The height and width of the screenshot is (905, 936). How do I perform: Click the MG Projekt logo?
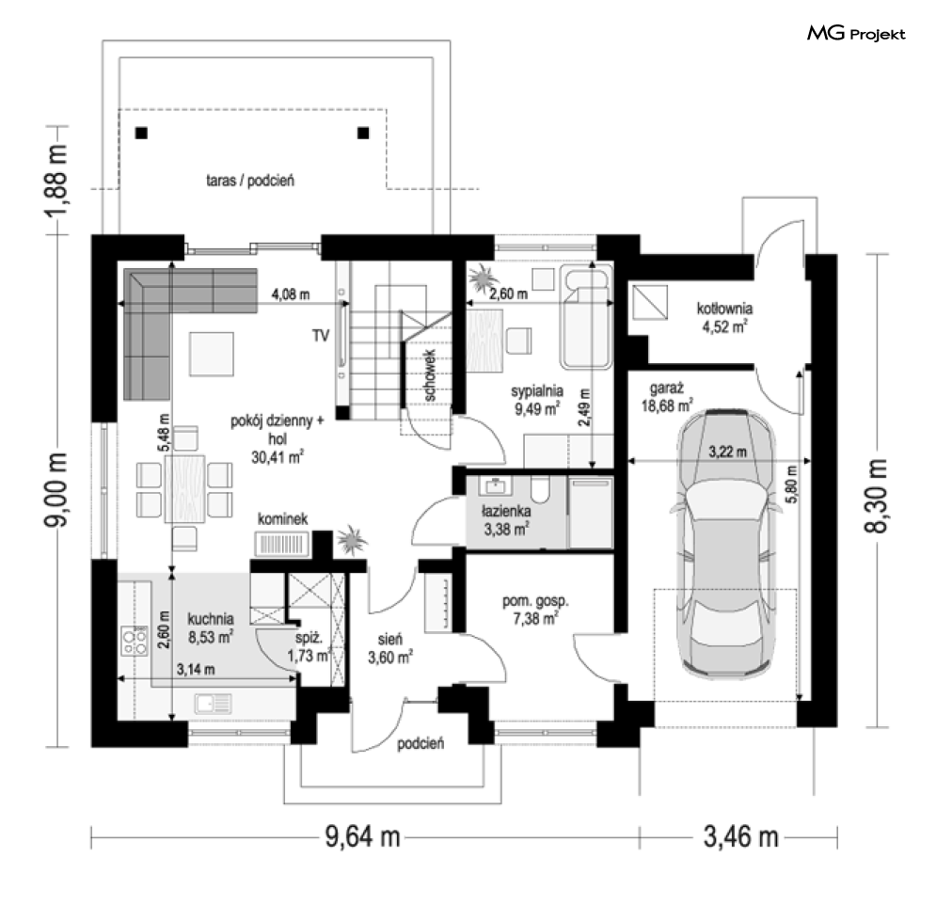point(856,34)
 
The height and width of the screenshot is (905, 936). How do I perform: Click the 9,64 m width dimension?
point(362,837)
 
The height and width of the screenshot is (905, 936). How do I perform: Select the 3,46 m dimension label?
point(740,837)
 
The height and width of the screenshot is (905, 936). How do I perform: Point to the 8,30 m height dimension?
point(876,496)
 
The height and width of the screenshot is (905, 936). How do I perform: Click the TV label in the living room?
point(321,336)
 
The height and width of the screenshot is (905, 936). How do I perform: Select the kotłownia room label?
point(724,309)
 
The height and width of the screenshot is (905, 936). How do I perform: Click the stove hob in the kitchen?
point(135,641)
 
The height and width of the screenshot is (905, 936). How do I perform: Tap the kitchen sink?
point(214,704)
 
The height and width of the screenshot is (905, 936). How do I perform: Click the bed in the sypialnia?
point(586,318)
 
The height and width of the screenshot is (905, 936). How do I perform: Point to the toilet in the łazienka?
point(541,489)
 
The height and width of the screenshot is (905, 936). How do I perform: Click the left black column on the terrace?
point(141,134)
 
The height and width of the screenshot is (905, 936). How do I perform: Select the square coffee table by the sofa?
point(212,354)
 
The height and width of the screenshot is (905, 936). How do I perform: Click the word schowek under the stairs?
point(431,374)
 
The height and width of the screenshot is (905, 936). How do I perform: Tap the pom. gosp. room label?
point(535,601)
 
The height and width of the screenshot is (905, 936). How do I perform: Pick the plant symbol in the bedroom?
point(484,279)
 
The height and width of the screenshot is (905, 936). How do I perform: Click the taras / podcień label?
point(250,181)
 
